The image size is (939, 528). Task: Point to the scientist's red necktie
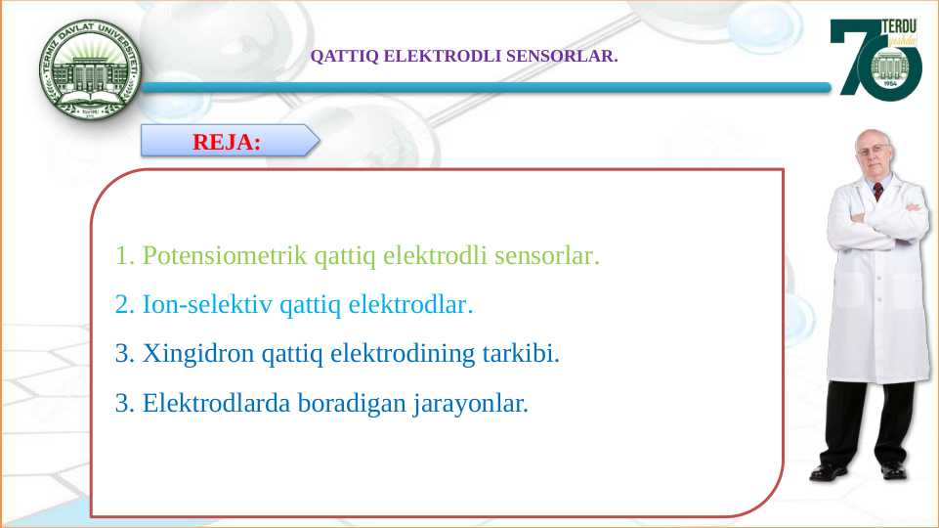click(x=878, y=191)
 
